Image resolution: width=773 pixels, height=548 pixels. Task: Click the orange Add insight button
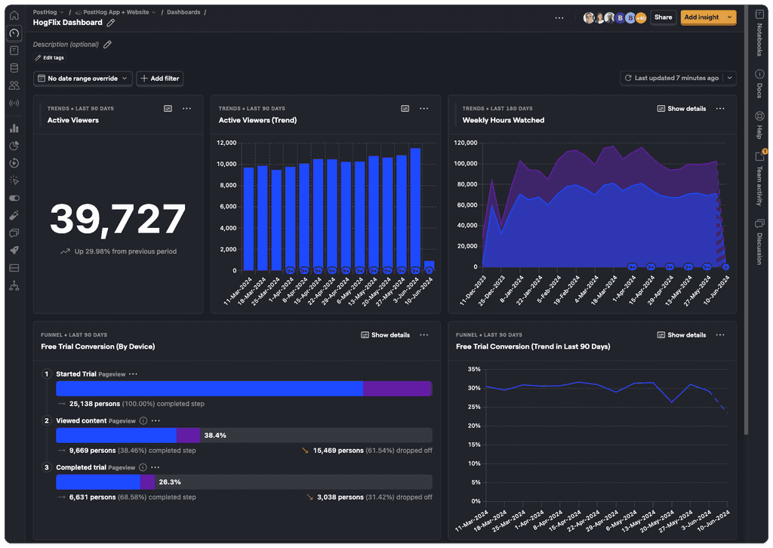click(x=701, y=17)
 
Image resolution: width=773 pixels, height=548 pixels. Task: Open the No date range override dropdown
click(x=83, y=79)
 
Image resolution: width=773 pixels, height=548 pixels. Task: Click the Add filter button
click(x=159, y=79)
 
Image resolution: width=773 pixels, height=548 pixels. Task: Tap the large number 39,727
click(x=118, y=220)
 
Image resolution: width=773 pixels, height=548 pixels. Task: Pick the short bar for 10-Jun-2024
click(x=429, y=265)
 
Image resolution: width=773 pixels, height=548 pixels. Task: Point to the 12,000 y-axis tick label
click(x=226, y=143)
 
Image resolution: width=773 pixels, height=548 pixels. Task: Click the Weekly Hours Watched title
click(x=503, y=120)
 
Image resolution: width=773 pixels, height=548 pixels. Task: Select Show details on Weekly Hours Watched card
click(x=681, y=109)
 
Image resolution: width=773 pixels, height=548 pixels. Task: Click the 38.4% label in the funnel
click(x=215, y=436)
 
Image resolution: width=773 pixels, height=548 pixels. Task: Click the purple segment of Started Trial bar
click(x=397, y=389)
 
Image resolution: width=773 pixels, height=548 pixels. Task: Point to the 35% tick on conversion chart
click(x=473, y=369)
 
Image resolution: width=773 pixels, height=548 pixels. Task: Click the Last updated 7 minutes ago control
click(x=676, y=78)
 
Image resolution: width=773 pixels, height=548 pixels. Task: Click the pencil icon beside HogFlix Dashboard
click(x=111, y=23)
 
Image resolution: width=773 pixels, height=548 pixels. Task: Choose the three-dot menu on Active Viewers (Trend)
click(x=424, y=109)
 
